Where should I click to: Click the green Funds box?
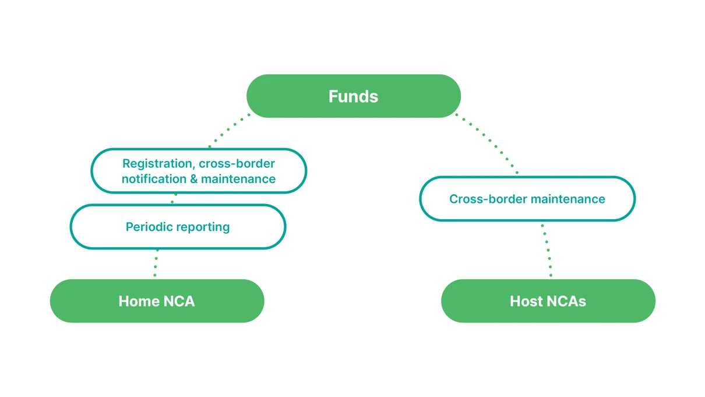click(x=353, y=96)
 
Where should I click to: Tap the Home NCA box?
click(x=157, y=301)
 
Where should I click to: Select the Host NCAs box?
click(x=548, y=301)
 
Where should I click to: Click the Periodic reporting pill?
click(x=178, y=227)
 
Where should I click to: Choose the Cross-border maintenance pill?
click(x=527, y=199)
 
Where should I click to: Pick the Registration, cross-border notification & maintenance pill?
click(x=198, y=171)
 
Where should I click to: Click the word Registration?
click(x=154, y=164)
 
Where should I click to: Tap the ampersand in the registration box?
click(x=194, y=179)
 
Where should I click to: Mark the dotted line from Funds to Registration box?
click(x=230, y=130)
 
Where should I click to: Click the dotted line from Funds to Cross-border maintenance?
click(x=487, y=143)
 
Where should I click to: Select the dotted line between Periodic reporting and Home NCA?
click(x=156, y=264)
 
